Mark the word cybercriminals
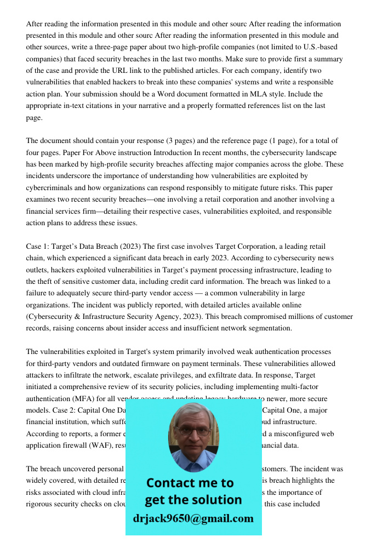pyautogui.click(x=50, y=188)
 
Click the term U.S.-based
pyautogui.click(x=315, y=47)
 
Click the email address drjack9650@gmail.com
pyautogui.click(x=193, y=518)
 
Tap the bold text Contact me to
pyautogui.click(x=190, y=483)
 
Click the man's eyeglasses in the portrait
pyautogui.click(x=193, y=431)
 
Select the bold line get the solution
pyautogui.click(x=193, y=500)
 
